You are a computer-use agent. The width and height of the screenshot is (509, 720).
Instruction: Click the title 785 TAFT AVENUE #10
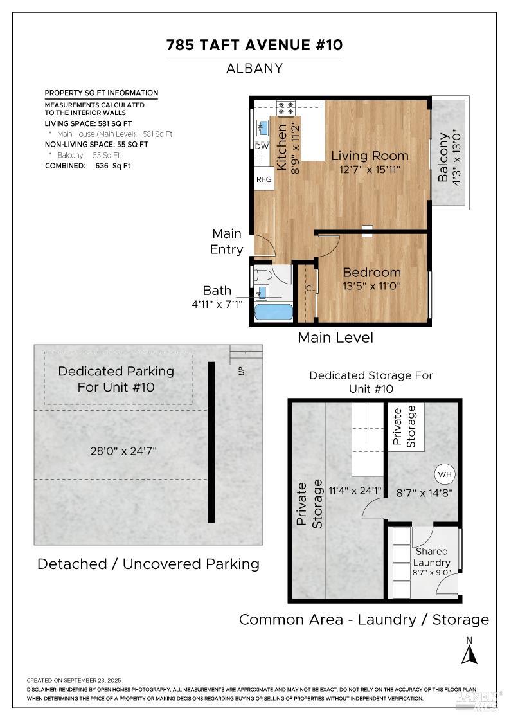[254, 45]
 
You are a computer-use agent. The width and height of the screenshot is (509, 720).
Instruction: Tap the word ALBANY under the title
[254, 68]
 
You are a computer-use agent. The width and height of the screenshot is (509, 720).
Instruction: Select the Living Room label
[370, 156]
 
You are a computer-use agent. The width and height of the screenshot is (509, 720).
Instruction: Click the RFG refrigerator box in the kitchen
[264, 179]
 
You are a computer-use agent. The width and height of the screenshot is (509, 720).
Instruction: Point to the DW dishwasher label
[262, 147]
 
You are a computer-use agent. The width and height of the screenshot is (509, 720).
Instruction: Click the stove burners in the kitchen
[285, 107]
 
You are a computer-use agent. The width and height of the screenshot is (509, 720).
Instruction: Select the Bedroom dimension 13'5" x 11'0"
[371, 286]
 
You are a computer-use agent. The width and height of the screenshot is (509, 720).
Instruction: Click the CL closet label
[310, 288]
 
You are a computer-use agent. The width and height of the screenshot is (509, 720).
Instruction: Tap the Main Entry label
[227, 241]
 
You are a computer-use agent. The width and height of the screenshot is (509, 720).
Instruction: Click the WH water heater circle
[444, 474]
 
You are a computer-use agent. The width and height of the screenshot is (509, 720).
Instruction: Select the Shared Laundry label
[432, 557]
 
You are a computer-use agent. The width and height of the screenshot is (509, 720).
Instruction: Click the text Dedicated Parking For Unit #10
[116, 379]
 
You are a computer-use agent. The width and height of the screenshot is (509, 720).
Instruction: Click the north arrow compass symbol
[470, 653]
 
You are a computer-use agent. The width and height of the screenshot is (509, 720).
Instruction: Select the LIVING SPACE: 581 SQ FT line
[89, 123]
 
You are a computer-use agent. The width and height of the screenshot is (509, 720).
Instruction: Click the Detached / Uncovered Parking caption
[148, 564]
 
